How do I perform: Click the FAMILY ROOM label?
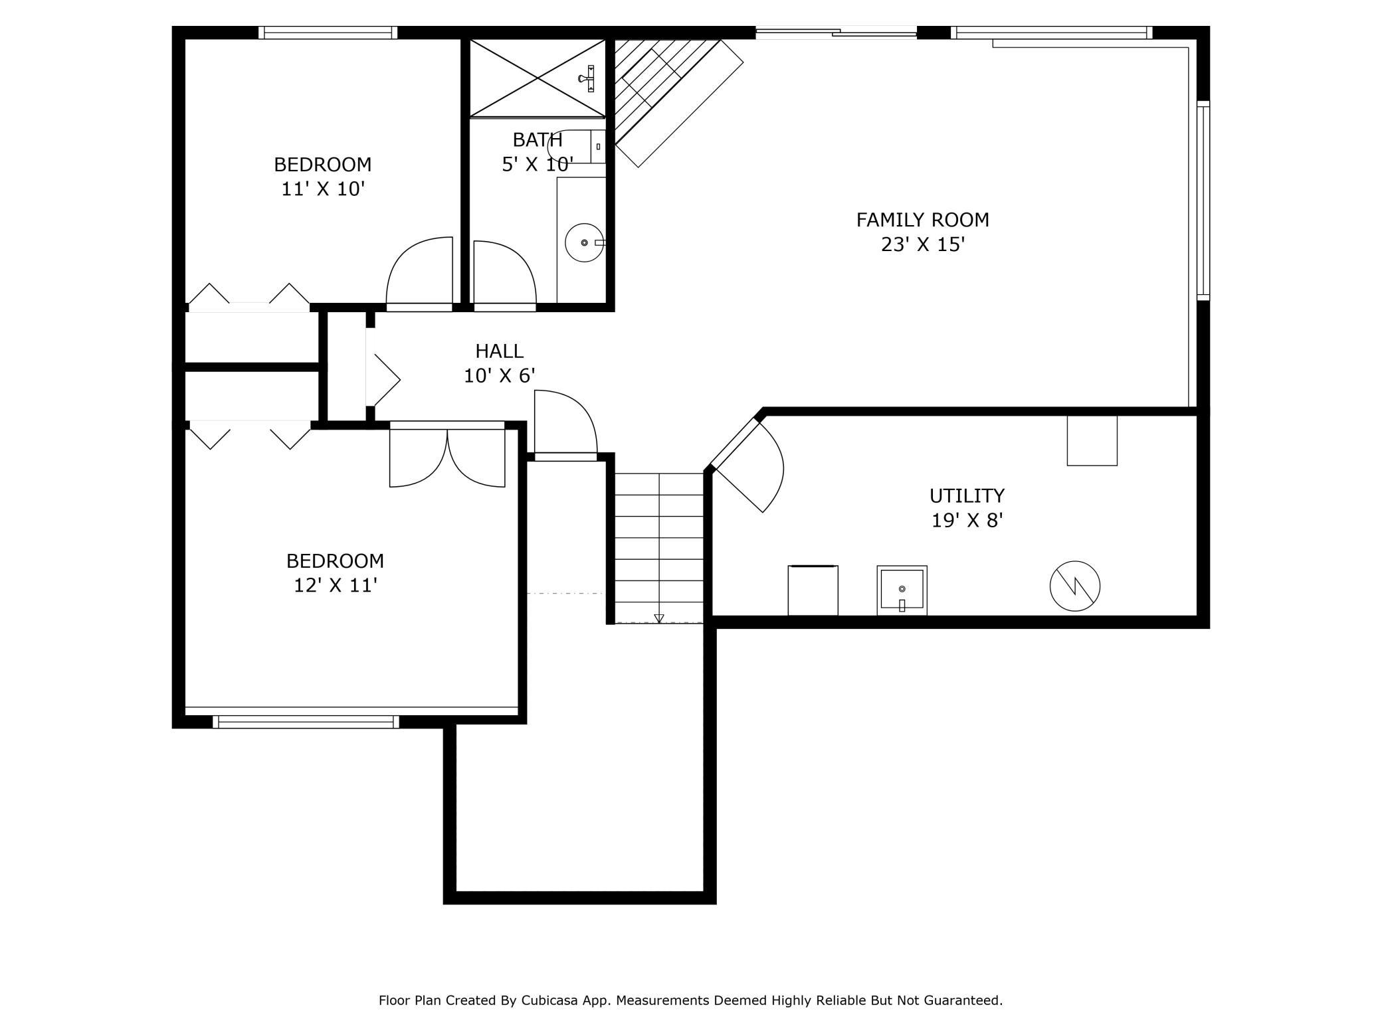pyautogui.click(x=922, y=220)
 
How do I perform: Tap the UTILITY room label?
pyautogui.click(x=967, y=496)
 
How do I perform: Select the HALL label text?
pyautogui.click(x=499, y=351)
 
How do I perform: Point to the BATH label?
pyautogui.click(x=538, y=140)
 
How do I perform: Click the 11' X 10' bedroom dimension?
pyautogui.click(x=324, y=189)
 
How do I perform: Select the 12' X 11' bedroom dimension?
pyautogui.click(x=336, y=586)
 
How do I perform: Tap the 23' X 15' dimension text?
pyautogui.click(x=922, y=245)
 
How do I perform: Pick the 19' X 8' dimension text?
pyautogui.click(x=967, y=521)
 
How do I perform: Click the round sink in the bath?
pyautogui.click(x=585, y=242)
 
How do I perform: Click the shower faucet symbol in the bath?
pyautogui.click(x=588, y=78)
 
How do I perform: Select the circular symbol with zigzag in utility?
pyautogui.click(x=1074, y=586)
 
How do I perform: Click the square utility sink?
pyautogui.click(x=902, y=590)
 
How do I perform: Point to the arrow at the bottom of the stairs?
pyautogui.click(x=658, y=618)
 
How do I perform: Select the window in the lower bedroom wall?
pyautogui.click(x=306, y=722)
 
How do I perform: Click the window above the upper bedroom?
pyautogui.click(x=328, y=33)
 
